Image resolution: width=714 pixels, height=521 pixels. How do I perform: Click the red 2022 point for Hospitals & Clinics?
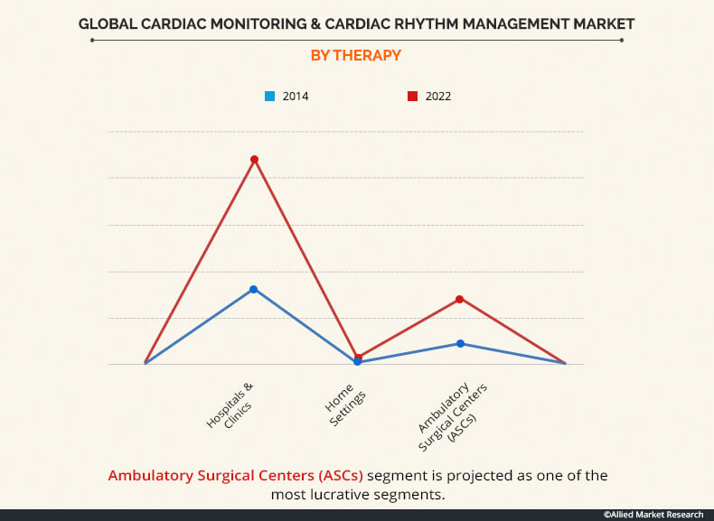pyautogui.click(x=255, y=160)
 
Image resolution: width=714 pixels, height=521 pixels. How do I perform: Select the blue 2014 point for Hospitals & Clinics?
pyautogui.click(x=254, y=289)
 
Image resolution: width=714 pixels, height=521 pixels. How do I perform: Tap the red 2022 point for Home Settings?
pyautogui.click(x=359, y=358)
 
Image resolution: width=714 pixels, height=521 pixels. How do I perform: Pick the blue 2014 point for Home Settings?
pyautogui.click(x=358, y=362)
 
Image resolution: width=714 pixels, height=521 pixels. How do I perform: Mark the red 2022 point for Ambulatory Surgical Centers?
pyautogui.click(x=460, y=299)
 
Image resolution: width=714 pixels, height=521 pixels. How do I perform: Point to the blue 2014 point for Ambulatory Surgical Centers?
pyautogui.click(x=460, y=343)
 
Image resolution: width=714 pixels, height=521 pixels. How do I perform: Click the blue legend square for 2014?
pyautogui.click(x=269, y=96)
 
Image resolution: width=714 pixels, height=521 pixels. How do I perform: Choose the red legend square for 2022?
pyautogui.click(x=412, y=96)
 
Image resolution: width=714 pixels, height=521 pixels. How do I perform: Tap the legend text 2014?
pyautogui.click(x=295, y=96)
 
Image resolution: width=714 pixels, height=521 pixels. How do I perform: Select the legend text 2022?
pyautogui.click(x=437, y=96)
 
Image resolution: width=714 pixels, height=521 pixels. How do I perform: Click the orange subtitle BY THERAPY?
pyautogui.click(x=356, y=56)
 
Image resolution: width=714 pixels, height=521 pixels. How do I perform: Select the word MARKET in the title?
pyautogui.click(x=602, y=23)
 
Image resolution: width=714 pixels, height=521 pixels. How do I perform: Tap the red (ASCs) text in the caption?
pyautogui.click(x=337, y=475)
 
